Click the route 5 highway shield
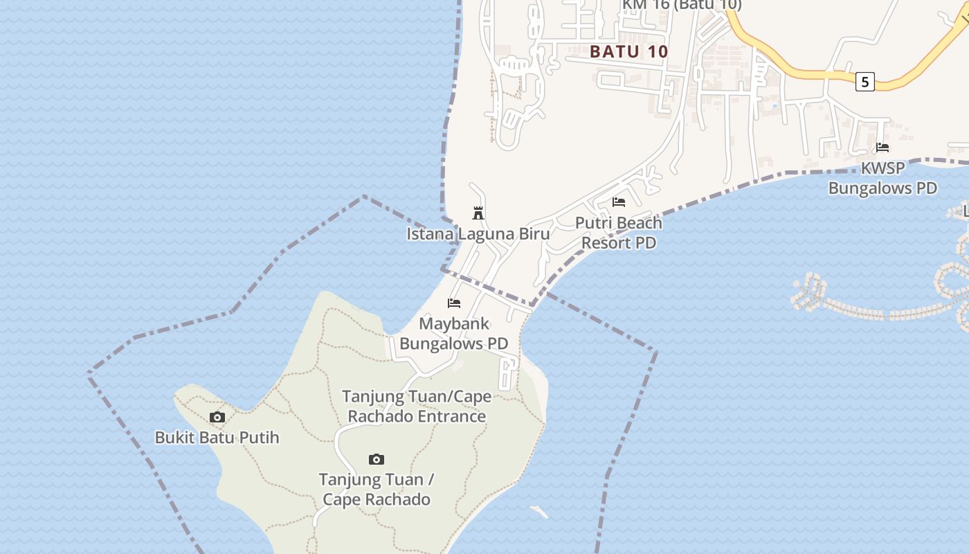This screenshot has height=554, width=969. (864, 82)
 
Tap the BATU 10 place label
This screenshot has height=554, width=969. (629, 51)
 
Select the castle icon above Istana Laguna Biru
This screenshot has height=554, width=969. (478, 213)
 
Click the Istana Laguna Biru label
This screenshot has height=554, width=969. (478, 233)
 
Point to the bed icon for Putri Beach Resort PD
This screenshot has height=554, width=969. (619, 202)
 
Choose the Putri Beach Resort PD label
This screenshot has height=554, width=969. (619, 233)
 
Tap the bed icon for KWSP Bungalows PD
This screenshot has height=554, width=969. (882, 148)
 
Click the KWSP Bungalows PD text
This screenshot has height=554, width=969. (882, 178)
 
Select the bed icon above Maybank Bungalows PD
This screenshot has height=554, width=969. (454, 303)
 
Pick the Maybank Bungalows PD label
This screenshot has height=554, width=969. (454, 333)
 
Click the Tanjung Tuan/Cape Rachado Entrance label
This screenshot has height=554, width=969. (417, 406)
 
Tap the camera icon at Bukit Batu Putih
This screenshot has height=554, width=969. (217, 417)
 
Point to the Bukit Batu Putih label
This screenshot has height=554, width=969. (217, 438)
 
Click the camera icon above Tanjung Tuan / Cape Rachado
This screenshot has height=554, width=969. (377, 459)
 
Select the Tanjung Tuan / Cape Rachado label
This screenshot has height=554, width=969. (377, 489)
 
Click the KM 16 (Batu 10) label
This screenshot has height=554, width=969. (682, 5)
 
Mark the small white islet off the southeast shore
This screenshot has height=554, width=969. (539, 512)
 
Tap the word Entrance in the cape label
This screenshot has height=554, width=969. (452, 416)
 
